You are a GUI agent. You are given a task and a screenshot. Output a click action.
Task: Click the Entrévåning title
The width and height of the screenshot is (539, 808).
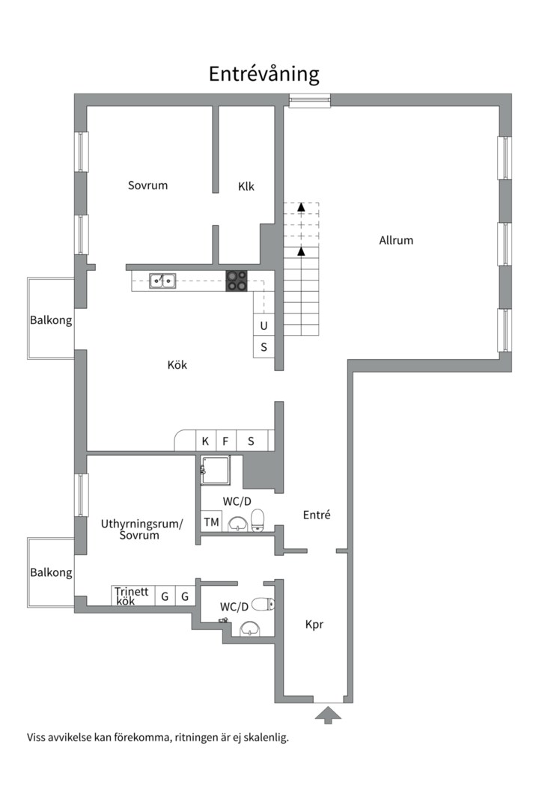(264, 74)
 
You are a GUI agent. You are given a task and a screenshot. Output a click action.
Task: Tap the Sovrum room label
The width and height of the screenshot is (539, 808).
(147, 186)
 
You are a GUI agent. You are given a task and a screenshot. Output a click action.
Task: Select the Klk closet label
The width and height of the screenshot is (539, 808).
(246, 186)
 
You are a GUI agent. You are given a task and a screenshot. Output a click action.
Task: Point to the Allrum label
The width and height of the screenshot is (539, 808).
(396, 240)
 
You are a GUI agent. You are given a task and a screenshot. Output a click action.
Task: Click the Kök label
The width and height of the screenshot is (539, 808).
(177, 365)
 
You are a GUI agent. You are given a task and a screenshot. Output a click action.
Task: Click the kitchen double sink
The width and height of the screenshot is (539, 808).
(162, 281)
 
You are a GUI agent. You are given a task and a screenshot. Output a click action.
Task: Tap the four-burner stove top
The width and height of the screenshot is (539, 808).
(237, 281)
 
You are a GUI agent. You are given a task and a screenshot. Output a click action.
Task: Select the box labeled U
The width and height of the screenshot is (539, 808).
(264, 325)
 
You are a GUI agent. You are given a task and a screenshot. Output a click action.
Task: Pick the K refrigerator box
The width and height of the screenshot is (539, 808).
(205, 441)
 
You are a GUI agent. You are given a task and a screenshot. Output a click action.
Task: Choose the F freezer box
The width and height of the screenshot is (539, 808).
(225, 441)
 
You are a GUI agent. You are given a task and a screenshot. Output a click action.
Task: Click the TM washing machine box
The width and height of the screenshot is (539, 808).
(211, 522)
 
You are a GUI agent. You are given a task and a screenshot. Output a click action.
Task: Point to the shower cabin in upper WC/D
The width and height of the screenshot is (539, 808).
(216, 470)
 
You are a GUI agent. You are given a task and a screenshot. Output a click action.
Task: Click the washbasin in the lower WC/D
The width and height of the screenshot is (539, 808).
(250, 628)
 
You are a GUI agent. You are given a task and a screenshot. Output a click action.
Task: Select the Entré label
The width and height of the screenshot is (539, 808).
(317, 515)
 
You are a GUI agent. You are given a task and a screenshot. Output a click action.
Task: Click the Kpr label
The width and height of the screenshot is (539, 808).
(314, 625)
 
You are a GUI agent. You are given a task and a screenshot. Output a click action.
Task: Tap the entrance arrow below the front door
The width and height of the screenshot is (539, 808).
(328, 716)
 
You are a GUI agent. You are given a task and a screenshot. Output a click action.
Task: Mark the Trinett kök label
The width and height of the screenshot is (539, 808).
(132, 596)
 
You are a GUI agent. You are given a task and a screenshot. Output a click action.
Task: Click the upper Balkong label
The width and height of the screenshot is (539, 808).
(51, 320)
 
